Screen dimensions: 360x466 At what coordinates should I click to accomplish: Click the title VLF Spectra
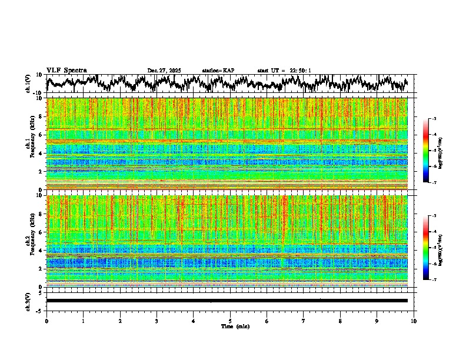(x=66, y=71)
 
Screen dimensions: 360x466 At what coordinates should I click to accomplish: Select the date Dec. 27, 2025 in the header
(x=164, y=71)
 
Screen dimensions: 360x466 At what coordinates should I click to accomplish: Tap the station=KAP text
(x=218, y=71)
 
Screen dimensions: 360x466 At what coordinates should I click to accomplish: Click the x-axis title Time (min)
(x=235, y=326)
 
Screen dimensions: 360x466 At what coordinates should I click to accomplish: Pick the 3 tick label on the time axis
(x=157, y=321)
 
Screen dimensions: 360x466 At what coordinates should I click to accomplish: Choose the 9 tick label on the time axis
(x=377, y=321)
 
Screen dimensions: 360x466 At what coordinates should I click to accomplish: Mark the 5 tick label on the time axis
(x=230, y=321)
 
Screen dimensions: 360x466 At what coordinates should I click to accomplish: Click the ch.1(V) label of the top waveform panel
(x=29, y=84)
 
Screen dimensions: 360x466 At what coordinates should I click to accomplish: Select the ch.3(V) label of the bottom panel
(x=29, y=300)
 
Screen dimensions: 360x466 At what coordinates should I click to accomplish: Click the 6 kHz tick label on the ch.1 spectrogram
(x=40, y=135)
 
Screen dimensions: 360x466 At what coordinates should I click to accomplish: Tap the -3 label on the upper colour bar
(x=434, y=119)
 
